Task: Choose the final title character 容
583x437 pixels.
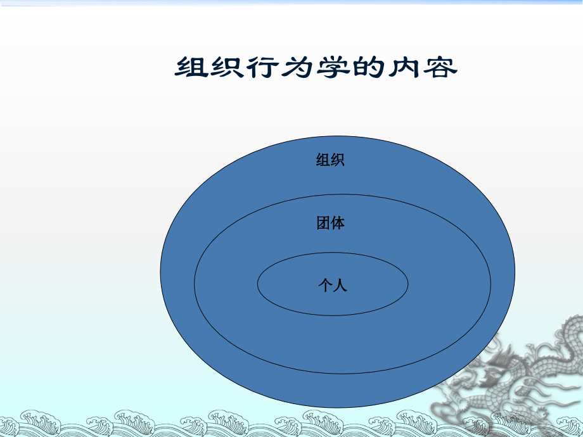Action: click(439, 68)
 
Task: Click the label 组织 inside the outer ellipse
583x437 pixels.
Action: click(330, 160)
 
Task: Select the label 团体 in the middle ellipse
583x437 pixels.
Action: click(330, 223)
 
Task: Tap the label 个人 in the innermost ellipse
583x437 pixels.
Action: click(333, 286)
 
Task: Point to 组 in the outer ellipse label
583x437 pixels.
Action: click(323, 160)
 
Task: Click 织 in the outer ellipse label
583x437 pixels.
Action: click(338, 160)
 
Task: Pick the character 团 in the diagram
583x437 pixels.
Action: click(323, 223)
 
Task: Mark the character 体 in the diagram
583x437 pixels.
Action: click(338, 223)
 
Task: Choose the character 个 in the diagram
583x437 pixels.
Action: click(325, 286)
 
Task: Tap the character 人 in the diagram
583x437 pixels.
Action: click(340, 286)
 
